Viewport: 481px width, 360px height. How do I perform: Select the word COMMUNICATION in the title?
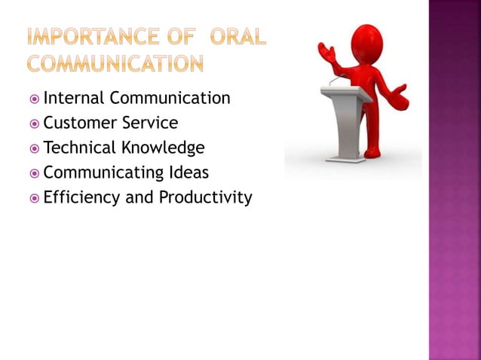pos(115,63)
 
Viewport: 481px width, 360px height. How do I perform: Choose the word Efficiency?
pos(76,198)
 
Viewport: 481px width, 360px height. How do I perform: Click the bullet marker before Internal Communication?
pos(34,99)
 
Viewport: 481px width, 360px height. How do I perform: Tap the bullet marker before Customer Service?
pos(34,124)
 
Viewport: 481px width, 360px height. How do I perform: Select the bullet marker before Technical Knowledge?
pos(34,148)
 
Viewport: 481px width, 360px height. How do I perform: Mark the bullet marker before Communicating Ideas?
pos(34,173)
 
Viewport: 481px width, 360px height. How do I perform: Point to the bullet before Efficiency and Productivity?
pos(34,199)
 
